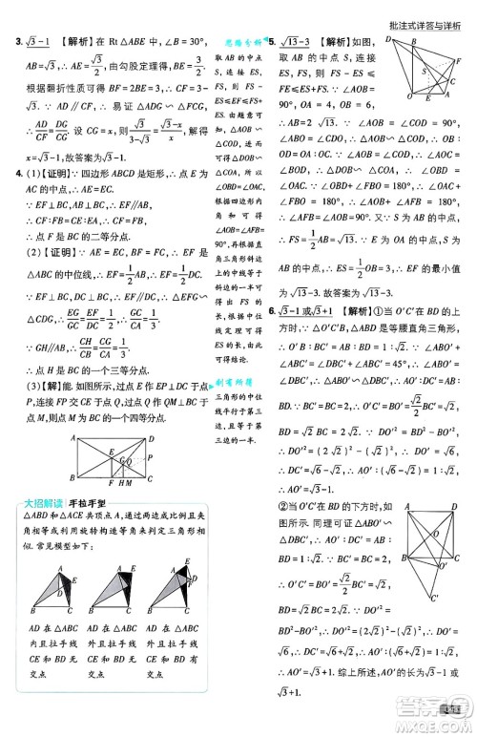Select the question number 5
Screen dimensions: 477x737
click(272, 44)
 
